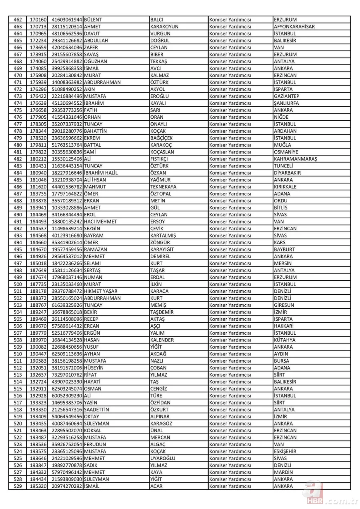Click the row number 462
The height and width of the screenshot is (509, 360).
pos(18,20)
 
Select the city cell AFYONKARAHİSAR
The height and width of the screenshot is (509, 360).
pos(294,27)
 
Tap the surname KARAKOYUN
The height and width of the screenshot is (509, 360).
pos(164,27)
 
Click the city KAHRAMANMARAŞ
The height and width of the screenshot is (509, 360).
pos(295,159)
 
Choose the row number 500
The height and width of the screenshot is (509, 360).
pos(18,284)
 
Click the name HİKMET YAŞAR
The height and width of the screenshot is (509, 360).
pos(101,291)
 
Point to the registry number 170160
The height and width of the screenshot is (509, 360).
pos(38,20)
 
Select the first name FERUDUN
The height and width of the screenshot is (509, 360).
pos(96,444)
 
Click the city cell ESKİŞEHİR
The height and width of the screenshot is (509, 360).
pos(285,451)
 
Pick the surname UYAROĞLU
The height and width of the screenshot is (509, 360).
pos(162,458)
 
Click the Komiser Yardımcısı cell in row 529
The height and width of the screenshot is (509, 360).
pos(230,486)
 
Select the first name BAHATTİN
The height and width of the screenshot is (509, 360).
pos(96,131)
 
